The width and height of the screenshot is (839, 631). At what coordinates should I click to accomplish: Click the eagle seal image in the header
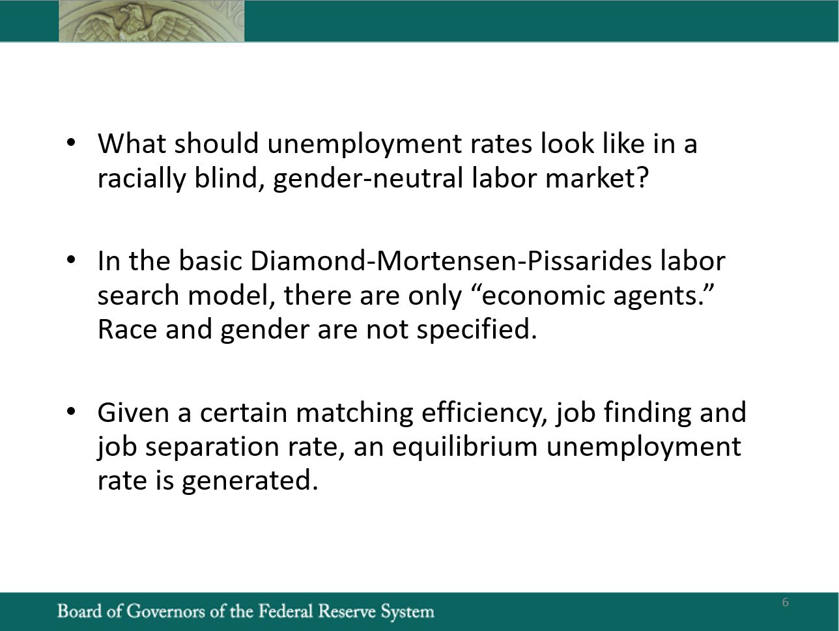click(x=151, y=21)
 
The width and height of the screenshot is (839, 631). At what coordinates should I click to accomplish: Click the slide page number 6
click(x=786, y=602)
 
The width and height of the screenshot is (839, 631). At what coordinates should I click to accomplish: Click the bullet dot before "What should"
click(x=71, y=143)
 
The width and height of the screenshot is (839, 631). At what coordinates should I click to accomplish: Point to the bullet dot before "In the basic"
click(x=71, y=260)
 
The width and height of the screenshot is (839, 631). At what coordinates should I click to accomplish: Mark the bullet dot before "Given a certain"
click(x=71, y=412)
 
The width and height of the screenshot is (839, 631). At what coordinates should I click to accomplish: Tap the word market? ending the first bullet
click(x=597, y=178)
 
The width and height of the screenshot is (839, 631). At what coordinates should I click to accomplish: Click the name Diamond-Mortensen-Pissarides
click(x=451, y=261)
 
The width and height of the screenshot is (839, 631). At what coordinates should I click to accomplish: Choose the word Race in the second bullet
click(x=127, y=330)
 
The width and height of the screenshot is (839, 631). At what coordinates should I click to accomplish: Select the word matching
click(x=354, y=414)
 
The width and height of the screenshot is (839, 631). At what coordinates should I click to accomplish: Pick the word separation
click(x=212, y=447)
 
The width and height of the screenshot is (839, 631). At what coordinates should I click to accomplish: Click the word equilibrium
click(x=465, y=447)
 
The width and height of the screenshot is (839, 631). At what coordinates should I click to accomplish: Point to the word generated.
click(x=250, y=481)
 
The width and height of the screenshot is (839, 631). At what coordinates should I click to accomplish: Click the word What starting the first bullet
click(x=132, y=143)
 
